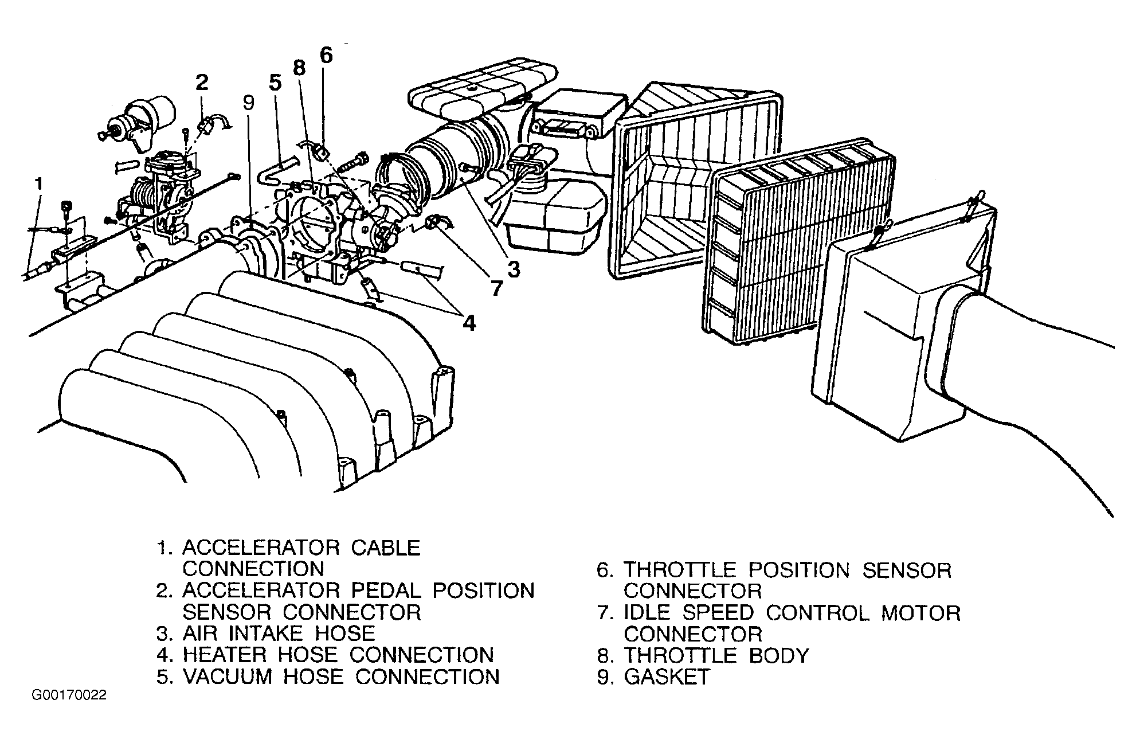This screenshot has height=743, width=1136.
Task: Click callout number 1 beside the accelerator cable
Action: coord(38,184)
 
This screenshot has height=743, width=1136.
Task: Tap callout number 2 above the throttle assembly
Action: coord(201,83)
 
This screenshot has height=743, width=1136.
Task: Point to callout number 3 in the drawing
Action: coord(513,268)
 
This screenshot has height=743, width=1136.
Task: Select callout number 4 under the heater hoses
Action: coord(469,324)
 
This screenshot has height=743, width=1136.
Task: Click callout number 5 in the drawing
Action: coord(275,83)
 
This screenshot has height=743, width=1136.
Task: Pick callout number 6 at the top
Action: coord(326,55)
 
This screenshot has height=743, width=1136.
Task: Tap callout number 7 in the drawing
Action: coord(496,288)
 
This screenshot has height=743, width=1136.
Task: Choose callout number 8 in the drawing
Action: coord(299,68)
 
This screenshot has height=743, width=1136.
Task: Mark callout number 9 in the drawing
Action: coord(248,103)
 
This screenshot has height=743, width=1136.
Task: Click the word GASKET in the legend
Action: coord(667,677)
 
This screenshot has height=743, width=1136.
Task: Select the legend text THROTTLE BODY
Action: coord(716,655)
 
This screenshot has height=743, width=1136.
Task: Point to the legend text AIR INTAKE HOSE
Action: coord(279,633)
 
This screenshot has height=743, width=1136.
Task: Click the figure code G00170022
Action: coord(69,696)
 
